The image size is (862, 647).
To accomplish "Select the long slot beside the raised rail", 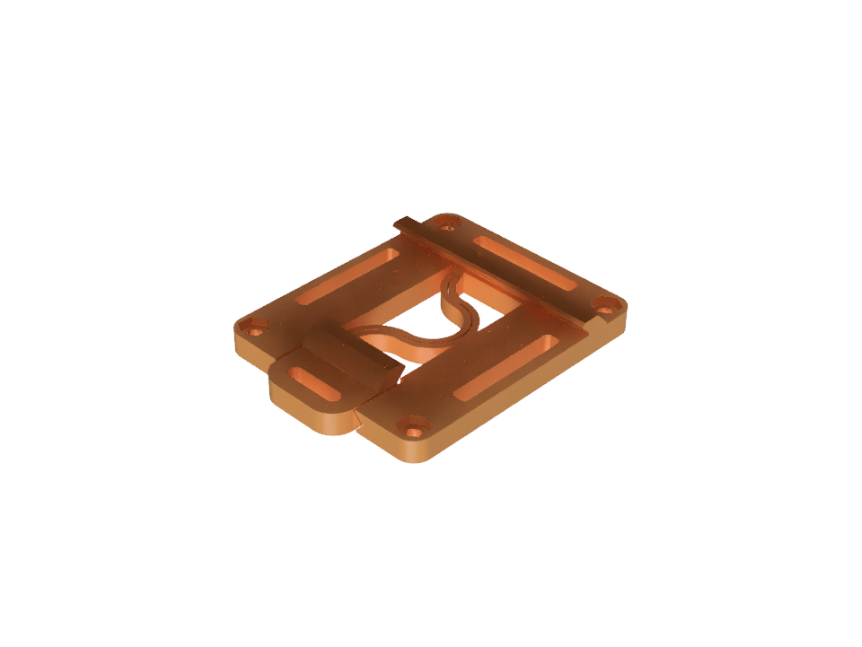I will click(x=525, y=264).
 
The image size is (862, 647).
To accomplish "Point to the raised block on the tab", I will click(x=350, y=354).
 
